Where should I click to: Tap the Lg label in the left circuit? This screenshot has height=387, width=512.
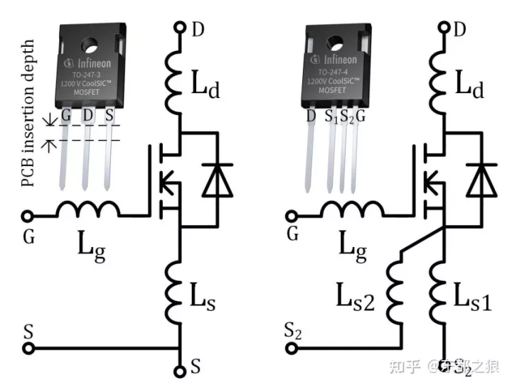tap(91, 246)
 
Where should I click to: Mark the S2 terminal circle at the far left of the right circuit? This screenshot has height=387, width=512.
tap(292, 348)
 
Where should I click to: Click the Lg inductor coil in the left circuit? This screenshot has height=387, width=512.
tap(88, 211)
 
